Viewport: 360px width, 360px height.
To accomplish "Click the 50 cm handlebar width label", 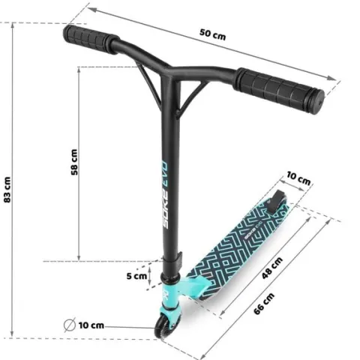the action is point(212,34).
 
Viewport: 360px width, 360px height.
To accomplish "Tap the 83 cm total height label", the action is point(7,190).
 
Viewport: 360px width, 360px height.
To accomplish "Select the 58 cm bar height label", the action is point(74,162).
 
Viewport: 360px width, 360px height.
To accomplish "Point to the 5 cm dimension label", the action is point(136,276).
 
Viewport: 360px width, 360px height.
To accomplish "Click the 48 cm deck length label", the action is point(272,268).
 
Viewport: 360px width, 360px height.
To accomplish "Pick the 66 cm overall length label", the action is point(264,304).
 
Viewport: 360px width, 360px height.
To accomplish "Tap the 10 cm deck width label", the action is point(298,178).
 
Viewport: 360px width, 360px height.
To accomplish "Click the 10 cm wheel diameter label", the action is point(91,325).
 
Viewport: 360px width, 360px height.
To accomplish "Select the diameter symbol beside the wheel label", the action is point(70,325).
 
